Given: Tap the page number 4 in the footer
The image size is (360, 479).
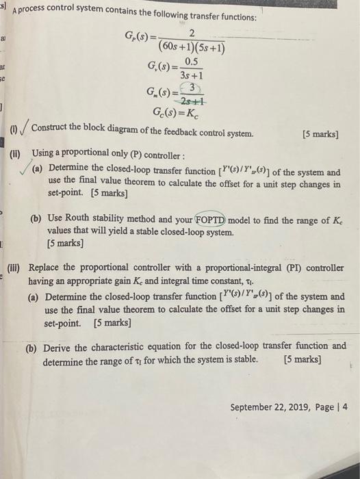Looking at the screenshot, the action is [x=344, y=406].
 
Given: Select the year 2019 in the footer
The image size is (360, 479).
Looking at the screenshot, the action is [x=305, y=406].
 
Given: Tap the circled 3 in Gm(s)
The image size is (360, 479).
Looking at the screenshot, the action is [x=195, y=88].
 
